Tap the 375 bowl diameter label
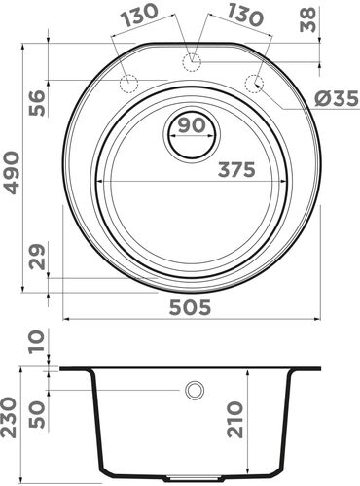click(235, 169)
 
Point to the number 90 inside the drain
click(192, 126)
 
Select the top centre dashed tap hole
click(192, 61)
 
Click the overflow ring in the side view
click(195, 390)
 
